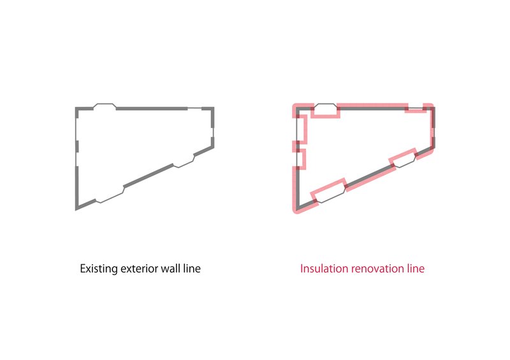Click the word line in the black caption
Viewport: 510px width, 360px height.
click(192, 268)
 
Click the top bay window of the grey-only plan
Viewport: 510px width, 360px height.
click(105, 106)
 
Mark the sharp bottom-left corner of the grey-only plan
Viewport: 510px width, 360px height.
click(76, 210)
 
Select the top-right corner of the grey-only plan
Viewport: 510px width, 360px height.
click(214, 107)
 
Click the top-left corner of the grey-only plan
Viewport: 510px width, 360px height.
click(75, 107)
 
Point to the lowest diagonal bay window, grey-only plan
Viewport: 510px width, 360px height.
click(109, 195)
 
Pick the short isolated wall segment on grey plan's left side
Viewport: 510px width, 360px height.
click(77, 147)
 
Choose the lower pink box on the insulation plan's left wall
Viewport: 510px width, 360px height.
click(300, 159)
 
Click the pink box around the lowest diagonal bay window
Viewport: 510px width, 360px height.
click(329, 191)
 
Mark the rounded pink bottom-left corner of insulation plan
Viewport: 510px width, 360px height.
click(295, 211)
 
